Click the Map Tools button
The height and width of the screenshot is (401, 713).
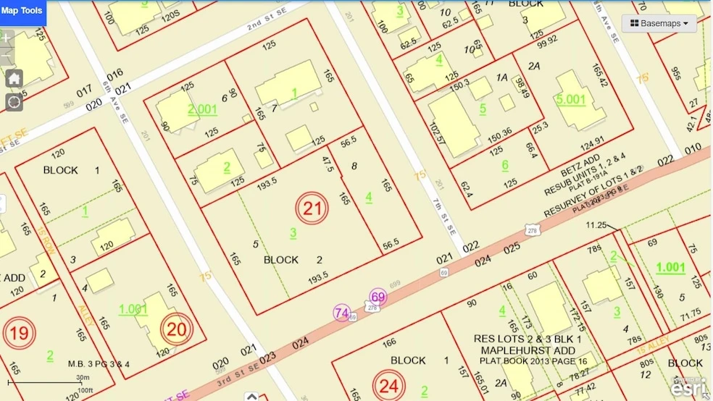[x=22, y=11]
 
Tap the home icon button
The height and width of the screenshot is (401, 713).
[x=14, y=78]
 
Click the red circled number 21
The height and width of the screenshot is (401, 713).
[x=312, y=209]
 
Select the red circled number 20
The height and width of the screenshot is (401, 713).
[x=176, y=329]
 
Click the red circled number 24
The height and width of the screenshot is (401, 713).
[x=389, y=386]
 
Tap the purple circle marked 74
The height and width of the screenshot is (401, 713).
[x=342, y=313]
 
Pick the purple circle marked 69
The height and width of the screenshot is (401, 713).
[x=378, y=297]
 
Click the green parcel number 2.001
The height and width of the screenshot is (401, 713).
[x=202, y=109]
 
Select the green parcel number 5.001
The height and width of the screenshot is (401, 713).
[x=572, y=98]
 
